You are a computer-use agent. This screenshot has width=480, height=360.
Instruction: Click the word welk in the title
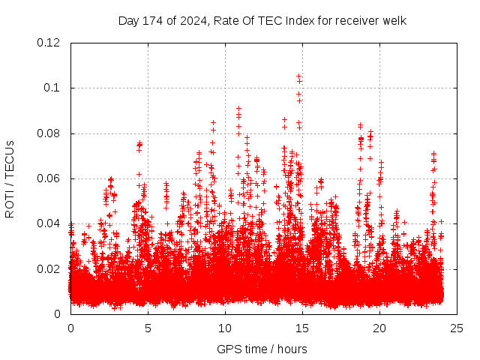(x=393, y=21)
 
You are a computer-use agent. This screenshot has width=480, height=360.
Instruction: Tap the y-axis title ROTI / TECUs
(x=10, y=178)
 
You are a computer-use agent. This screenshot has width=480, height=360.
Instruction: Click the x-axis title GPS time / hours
(x=262, y=349)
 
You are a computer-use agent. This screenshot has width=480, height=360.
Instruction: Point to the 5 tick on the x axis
(x=148, y=328)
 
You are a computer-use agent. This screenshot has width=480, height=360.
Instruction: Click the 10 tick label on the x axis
(x=225, y=328)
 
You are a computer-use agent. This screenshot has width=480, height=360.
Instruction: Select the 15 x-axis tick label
(x=302, y=328)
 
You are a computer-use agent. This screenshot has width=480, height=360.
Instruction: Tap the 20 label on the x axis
(x=379, y=328)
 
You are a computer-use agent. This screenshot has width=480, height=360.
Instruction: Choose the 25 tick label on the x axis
(x=457, y=328)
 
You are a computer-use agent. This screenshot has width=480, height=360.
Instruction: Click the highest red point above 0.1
(x=298, y=76)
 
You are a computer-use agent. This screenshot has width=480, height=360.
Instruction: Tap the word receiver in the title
(x=345, y=21)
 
